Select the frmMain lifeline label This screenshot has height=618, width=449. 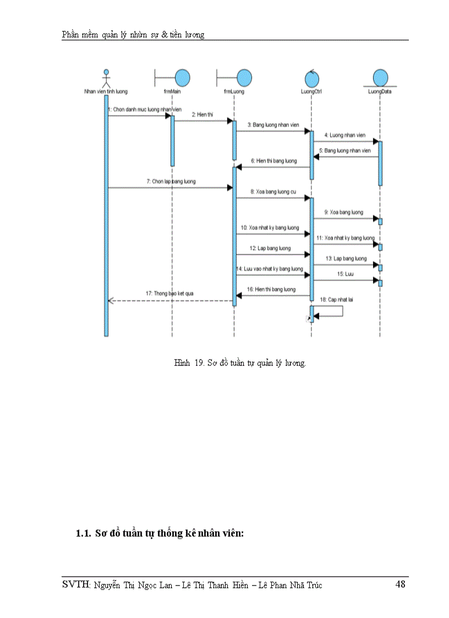tap(172, 91)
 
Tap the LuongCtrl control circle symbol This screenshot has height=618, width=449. tap(311, 77)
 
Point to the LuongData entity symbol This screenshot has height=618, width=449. tap(379, 77)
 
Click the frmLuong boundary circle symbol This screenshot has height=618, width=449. tap(244, 77)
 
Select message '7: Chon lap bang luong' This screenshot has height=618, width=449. tap(171, 181)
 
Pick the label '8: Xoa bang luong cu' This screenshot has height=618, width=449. tap(272, 192)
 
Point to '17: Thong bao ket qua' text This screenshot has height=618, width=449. tap(169, 294)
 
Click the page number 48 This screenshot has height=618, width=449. tap(400, 584)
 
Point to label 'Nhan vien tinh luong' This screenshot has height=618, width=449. tap(106, 91)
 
